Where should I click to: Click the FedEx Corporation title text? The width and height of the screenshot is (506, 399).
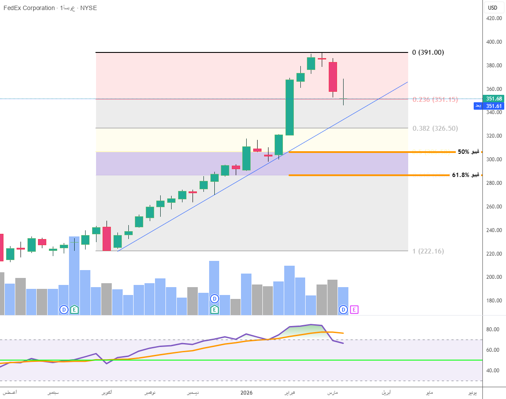(29, 8)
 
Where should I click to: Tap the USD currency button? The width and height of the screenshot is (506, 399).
(492, 7)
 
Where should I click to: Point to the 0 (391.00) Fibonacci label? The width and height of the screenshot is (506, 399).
(428, 52)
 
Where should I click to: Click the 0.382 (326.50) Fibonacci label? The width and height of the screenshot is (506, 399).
(435, 128)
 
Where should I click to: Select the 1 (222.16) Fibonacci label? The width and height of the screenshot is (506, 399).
(428, 251)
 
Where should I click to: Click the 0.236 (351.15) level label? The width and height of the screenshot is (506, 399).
(435, 100)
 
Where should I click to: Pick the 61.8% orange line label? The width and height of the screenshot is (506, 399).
(465, 175)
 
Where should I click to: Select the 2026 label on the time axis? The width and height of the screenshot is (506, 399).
(247, 392)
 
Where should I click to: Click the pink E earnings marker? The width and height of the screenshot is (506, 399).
(354, 309)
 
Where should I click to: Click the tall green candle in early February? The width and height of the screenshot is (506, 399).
(289, 107)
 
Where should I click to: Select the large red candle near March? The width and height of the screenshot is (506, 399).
(333, 76)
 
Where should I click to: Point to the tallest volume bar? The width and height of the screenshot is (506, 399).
(74, 275)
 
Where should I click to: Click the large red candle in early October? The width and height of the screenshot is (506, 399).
(107, 239)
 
